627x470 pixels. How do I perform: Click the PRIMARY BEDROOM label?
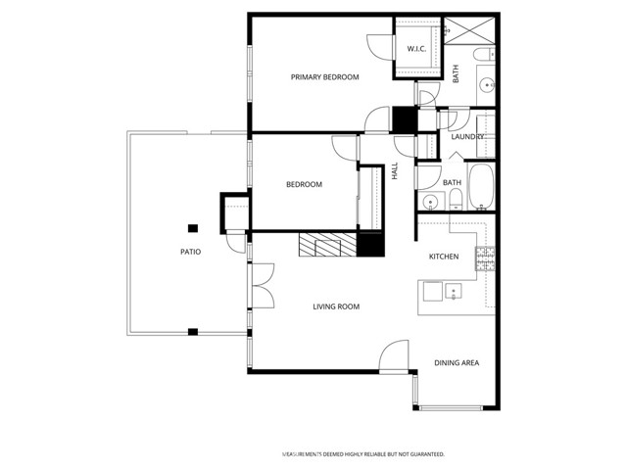324,77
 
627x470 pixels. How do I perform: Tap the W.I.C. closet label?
415,49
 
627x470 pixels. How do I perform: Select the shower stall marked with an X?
457,30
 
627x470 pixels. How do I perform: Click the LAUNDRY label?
466,137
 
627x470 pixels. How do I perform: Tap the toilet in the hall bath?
456,201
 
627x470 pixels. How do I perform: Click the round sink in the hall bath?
428,203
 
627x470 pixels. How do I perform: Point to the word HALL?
395,170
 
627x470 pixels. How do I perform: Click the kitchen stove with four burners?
485,258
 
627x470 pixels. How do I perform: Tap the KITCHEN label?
444,257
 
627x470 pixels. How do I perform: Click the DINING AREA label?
457,363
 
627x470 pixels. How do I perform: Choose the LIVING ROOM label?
336,307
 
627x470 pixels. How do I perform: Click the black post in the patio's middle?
193,228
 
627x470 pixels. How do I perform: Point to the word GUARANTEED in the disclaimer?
426,454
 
